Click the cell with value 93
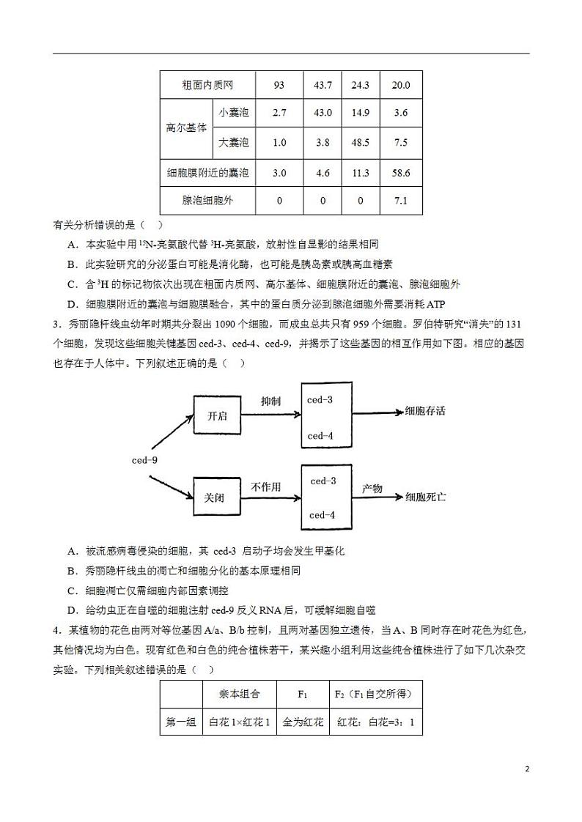click(279, 85)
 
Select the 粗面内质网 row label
click(207, 85)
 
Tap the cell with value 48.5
click(360, 143)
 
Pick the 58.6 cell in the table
click(401, 173)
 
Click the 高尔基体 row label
click(186, 127)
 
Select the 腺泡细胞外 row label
click(207, 200)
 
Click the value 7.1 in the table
click(401, 200)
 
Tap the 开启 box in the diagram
click(218, 416)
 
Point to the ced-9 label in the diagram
click(144, 460)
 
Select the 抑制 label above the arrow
click(270, 401)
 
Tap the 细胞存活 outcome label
click(425, 411)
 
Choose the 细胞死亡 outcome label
click(426, 497)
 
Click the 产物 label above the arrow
click(372, 488)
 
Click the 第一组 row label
click(181, 722)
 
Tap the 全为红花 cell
click(303, 722)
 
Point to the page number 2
click(526, 769)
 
